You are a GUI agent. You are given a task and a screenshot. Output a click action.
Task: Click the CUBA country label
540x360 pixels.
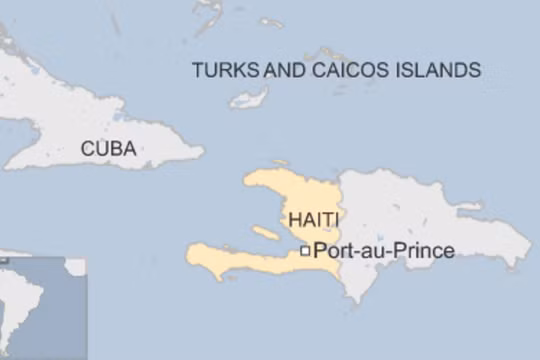coord(108,149)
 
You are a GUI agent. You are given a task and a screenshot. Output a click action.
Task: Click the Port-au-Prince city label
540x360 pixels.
coord(384,251)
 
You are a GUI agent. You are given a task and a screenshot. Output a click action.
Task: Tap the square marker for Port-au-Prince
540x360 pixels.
coord(305,252)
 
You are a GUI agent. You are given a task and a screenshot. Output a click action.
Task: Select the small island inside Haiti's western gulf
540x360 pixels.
coord(265,233)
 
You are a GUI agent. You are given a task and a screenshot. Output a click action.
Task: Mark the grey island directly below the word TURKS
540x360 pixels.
coord(248,99)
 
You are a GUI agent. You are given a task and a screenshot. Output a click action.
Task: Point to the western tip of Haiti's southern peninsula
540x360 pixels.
coord(189,254)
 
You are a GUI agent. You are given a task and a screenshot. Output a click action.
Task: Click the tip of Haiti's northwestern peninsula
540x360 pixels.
coord(246,181)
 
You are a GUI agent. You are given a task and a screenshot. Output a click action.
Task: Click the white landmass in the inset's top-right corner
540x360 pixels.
coord(76,266)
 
